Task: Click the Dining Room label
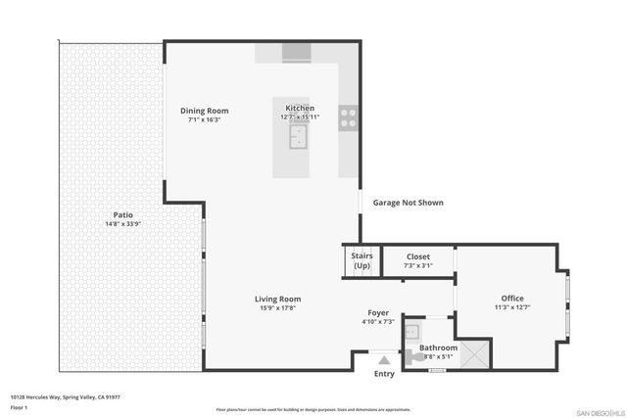pyautogui.click(x=205, y=111)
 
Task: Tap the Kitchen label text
pyautogui.click(x=300, y=108)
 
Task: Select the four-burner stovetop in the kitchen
pyautogui.click(x=348, y=117)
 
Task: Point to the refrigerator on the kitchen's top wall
pyautogui.click(x=295, y=54)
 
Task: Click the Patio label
pyautogui.click(x=122, y=214)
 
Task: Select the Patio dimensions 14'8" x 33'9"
pyautogui.click(x=122, y=223)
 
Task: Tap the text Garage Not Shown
pyautogui.click(x=408, y=203)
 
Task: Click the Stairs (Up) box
pyautogui.click(x=362, y=260)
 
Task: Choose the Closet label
pyautogui.click(x=418, y=256)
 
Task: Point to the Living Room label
pyautogui.click(x=277, y=299)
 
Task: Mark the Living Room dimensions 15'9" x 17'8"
pyautogui.click(x=277, y=308)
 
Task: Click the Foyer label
pyautogui.click(x=378, y=312)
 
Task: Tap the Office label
pyautogui.click(x=512, y=299)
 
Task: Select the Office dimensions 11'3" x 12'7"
pyautogui.click(x=512, y=308)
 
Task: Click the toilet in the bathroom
pyautogui.click(x=418, y=359)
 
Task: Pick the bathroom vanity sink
pyautogui.click(x=412, y=331)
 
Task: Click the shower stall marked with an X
pyautogui.click(x=475, y=353)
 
